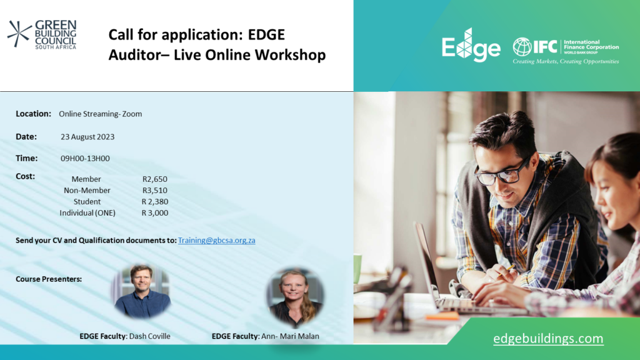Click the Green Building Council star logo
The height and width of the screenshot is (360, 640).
click(19, 34)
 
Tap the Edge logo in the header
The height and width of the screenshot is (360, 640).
click(471, 45)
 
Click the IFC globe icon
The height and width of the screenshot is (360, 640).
click(522, 46)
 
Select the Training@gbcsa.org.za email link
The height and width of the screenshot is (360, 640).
click(216, 241)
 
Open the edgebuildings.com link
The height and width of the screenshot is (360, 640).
click(548, 338)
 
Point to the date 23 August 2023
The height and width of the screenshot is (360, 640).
click(87, 137)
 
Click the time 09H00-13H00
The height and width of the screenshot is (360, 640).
click(85, 158)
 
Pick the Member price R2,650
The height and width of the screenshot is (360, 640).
click(155, 179)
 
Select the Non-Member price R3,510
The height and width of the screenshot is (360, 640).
click(155, 190)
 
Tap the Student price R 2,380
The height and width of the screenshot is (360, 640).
click(155, 202)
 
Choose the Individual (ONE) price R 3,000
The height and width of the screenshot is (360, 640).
click(155, 212)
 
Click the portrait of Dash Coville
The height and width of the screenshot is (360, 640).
click(142, 291)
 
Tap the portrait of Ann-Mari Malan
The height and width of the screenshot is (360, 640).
click(295, 297)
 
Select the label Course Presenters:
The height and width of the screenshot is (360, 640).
click(49, 279)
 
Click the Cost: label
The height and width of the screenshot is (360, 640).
click(25, 176)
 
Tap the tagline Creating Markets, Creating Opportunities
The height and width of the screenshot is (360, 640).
click(566, 62)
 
